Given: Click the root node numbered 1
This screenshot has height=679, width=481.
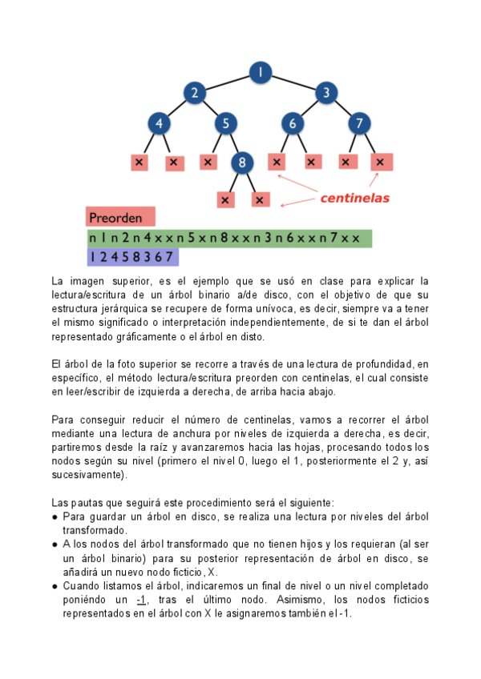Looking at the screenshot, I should [260, 73].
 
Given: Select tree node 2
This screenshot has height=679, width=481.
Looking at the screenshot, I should [193, 93].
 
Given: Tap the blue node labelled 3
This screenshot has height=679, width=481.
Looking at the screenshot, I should [326, 93].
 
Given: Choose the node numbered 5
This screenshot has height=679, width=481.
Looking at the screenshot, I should [226, 123].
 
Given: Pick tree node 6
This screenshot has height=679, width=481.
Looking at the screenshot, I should [293, 123].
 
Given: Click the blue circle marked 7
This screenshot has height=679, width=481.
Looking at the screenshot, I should [360, 123].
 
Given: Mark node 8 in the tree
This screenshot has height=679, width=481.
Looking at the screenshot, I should [242, 163].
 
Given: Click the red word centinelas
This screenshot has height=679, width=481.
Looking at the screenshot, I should [355, 197].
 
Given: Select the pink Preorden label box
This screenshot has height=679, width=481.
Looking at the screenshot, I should [120, 217].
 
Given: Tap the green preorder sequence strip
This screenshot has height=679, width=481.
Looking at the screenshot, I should [229, 238].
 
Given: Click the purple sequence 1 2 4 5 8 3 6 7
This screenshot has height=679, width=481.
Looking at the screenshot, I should [132, 256].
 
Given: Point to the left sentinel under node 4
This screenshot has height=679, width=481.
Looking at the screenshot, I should [140, 163].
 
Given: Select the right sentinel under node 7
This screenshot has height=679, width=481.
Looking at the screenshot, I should [380, 162].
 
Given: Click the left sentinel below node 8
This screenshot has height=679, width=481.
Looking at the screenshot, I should [225, 199].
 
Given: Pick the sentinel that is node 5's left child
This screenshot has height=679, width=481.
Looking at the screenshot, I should [208, 162].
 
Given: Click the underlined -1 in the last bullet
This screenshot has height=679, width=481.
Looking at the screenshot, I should [141, 600].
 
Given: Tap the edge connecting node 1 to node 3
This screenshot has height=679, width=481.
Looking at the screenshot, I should [293, 82].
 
